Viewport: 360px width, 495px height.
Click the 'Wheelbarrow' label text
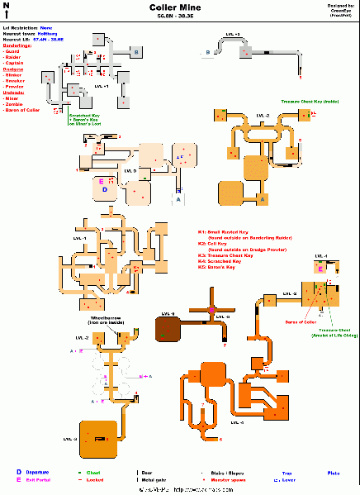95,318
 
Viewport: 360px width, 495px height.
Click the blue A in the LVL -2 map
263,200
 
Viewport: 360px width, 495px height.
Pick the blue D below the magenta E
105,189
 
